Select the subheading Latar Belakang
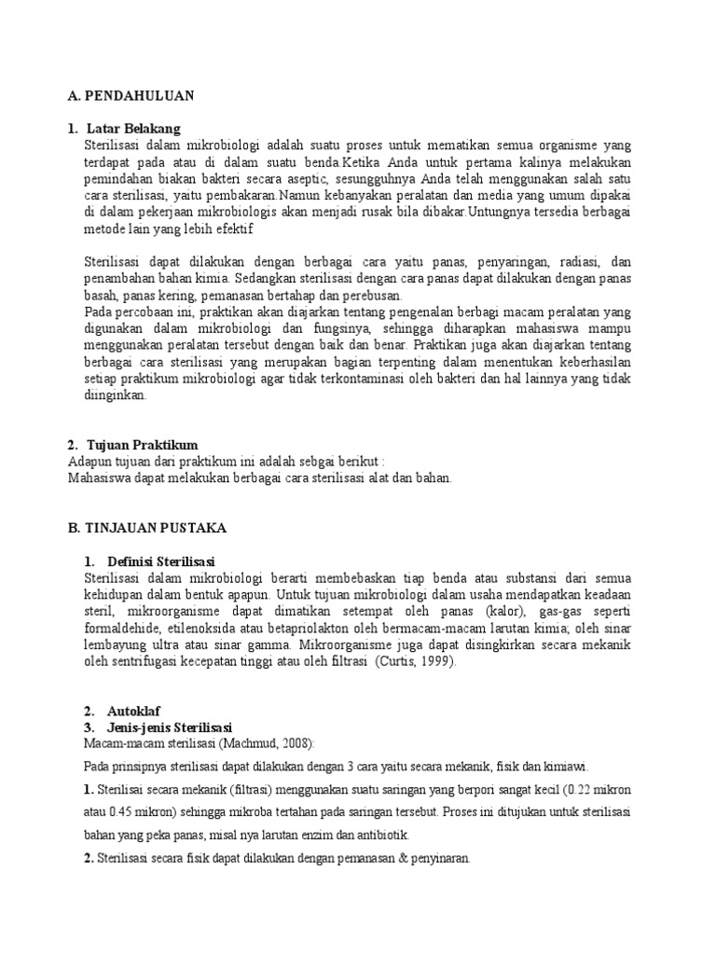pyautogui.click(x=132, y=129)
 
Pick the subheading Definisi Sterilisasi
pyautogui.click(x=161, y=561)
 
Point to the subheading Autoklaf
pyautogui.click(x=136, y=711)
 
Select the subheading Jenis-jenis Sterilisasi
pyautogui.click(x=170, y=727)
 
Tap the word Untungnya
pyautogui.click(x=505, y=213)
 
